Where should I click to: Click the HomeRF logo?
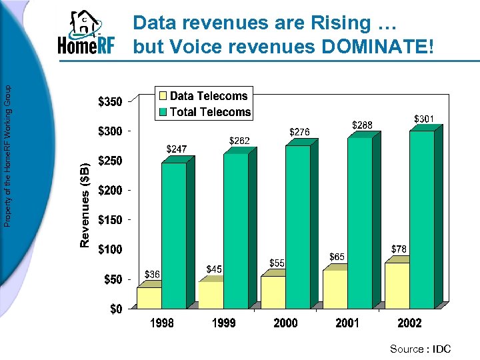pos(86,34)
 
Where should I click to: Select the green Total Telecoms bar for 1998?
pos(174,233)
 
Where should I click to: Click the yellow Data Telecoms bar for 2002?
pos(397,285)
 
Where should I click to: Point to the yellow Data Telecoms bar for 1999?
pos(211,295)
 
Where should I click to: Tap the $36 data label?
pos(153,274)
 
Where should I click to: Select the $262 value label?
pos(239,141)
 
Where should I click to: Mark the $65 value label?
pos(337,256)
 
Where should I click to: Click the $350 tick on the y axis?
pos(110,102)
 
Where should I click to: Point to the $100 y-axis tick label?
pos(110,249)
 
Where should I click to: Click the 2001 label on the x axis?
pos(347,323)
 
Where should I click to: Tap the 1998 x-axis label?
pos(161,323)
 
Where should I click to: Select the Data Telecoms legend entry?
pos(203,96)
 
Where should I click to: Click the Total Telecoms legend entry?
pos(203,112)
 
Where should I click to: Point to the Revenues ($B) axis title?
pos(85,204)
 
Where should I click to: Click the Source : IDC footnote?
pos(420,349)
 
